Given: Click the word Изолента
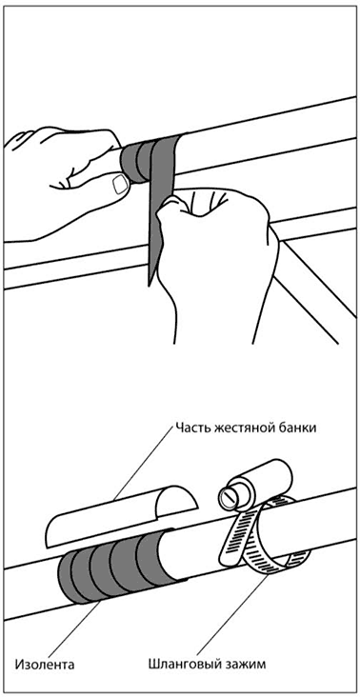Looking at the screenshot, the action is tap(45, 665).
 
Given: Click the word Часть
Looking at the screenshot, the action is tap(193, 428).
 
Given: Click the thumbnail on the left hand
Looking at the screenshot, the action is tap(120, 184).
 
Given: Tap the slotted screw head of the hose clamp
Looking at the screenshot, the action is tap(228, 497).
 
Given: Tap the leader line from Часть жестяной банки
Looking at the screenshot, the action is tap(143, 463).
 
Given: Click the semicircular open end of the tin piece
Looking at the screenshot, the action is tap(177, 502).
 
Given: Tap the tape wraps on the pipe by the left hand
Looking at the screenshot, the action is tap(142, 160).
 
